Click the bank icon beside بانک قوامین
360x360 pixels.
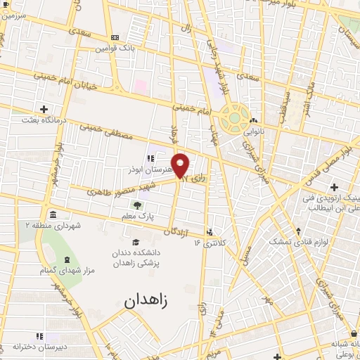pos(115,37)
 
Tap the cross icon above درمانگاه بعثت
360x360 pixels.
pos(44,109)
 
